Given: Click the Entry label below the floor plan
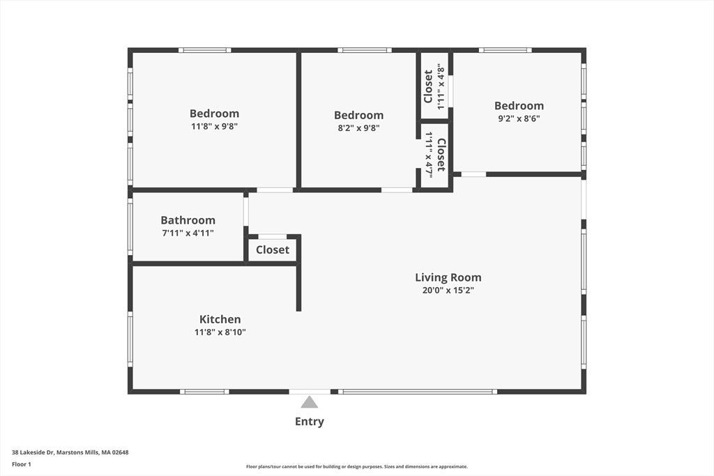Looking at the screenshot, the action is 309,422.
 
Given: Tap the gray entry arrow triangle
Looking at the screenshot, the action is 309,402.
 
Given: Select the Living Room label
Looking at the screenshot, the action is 448,277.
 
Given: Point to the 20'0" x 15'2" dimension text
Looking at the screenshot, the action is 448,291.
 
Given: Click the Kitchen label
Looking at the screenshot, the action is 220,319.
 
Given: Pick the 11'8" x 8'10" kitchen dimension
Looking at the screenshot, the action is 220,332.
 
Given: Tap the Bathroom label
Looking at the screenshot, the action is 188,220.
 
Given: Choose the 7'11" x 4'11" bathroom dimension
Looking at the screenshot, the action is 188,233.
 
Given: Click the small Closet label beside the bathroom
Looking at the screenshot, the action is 273,249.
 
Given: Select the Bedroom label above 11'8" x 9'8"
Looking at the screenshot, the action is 214,114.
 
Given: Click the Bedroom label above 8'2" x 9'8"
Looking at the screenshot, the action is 359,115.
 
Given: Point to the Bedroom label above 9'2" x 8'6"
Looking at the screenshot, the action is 519,105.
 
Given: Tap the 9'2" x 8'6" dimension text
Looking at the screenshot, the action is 519,118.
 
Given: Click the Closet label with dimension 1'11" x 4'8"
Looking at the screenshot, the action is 428,86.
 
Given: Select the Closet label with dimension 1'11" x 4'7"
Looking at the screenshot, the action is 441,155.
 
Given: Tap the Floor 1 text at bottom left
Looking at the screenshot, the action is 22,464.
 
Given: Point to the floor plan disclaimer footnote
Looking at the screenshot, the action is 357,466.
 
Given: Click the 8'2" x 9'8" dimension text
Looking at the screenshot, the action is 359,128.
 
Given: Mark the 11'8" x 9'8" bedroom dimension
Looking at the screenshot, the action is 214,127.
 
